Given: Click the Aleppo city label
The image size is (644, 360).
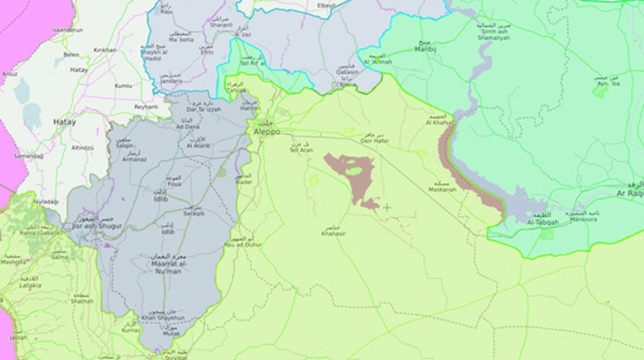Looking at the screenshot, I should point(266,132).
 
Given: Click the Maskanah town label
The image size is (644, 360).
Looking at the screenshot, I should point(442,190).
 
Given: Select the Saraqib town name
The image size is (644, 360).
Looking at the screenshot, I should point(194,214).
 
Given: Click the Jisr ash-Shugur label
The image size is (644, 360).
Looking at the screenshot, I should point(97,227).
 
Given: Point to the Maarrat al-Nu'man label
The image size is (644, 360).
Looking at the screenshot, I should point(166,267).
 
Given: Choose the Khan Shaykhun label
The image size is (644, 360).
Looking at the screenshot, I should point(163,318).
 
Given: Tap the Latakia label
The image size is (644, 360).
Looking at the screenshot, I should point(30,286).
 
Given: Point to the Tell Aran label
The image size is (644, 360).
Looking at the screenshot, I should point(301,150).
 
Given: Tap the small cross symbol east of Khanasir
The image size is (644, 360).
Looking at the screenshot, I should point(386,207).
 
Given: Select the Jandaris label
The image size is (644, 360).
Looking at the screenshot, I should point(171,81).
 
